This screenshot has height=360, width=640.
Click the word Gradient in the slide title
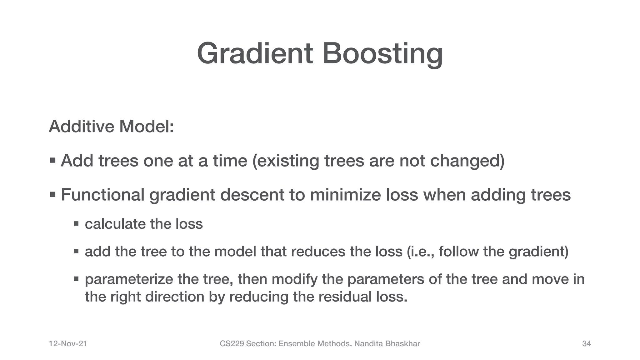click(255, 54)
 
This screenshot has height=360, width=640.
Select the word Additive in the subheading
click(82, 127)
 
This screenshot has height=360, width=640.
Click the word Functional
click(102, 195)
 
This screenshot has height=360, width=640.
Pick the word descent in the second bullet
click(252, 195)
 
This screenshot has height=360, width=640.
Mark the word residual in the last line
click(345, 297)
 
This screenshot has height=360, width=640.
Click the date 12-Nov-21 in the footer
click(68, 344)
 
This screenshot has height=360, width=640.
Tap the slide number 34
click(586, 344)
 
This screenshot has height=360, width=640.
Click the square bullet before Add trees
click(52, 161)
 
